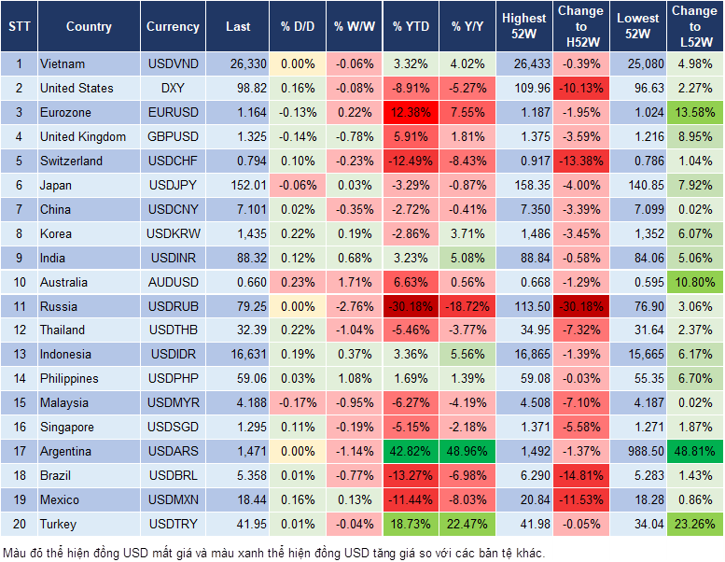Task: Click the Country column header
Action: click(x=89, y=27)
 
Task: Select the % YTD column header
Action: click(x=411, y=27)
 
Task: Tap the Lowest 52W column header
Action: click(x=637, y=26)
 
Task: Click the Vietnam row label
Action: click(x=63, y=63)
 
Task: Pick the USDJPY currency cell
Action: click(x=173, y=185)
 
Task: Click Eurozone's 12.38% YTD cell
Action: click(x=411, y=112)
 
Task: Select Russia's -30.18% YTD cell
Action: click(x=411, y=306)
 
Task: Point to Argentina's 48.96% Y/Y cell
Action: click(x=469, y=451)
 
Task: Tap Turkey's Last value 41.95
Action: click(x=238, y=524)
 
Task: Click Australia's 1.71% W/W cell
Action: click(x=353, y=282)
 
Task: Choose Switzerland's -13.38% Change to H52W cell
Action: click(x=580, y=161)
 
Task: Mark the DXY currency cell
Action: click(x=173, y=88)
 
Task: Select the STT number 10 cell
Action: click(x=18, y=282)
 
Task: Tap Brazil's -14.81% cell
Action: click(x=580, y=475)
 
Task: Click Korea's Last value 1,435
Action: click(x=238, y=233)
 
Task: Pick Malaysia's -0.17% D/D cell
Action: click(x=298, y=402)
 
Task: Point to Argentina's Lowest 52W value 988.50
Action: click(x=637, y=451)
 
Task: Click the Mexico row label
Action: click(x=60, y=499)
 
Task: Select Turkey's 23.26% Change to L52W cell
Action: click(x=695, y=524)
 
